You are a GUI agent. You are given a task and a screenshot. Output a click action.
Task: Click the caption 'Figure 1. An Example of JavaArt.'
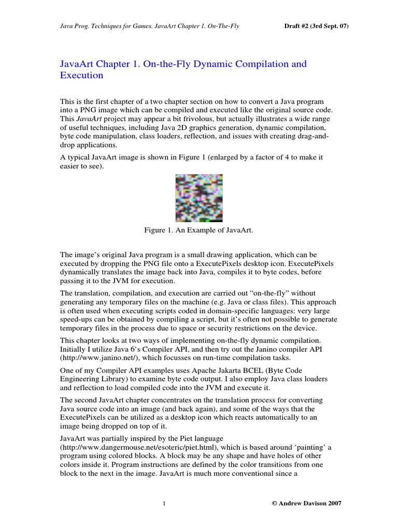coord(199,230)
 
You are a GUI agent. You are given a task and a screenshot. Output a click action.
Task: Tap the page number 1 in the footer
coord(164,503)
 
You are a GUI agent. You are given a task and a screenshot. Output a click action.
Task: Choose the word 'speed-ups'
coord(78,320)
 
